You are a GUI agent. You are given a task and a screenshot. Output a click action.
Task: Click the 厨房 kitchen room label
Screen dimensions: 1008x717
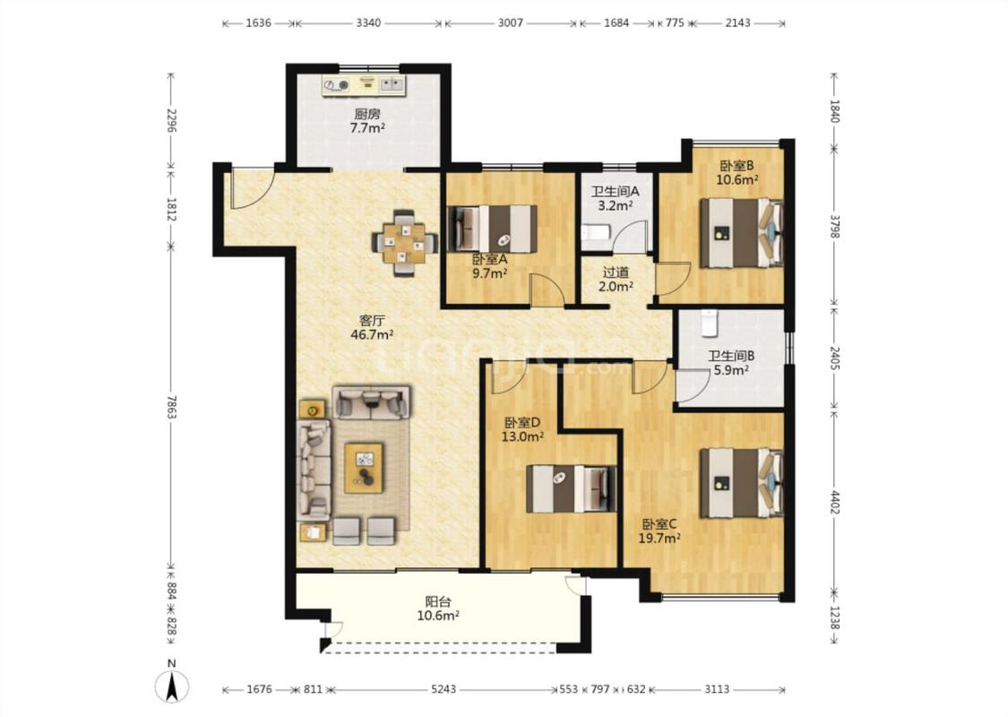click(367, 115)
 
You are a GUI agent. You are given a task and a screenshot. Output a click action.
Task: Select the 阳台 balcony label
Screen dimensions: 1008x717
click(438, 602)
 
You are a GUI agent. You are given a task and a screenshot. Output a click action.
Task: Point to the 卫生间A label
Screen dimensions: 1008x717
click(616, 192)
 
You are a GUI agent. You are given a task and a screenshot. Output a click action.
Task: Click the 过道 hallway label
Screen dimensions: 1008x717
click(616, 272)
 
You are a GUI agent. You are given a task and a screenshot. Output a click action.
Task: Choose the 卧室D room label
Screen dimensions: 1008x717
click(522, 422)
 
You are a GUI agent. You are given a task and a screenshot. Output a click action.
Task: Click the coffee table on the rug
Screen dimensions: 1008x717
click(364, 468)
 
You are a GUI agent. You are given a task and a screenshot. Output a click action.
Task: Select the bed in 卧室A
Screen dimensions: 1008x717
click(492, 229)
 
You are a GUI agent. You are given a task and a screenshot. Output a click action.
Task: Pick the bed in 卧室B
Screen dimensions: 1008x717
click(742, 232)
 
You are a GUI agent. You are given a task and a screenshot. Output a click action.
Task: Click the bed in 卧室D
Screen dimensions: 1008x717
click(571, 488)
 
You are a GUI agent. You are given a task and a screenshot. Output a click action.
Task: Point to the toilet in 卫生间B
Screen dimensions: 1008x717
click(709, 324)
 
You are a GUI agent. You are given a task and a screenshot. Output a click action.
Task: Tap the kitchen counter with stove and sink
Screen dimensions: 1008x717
click(365, 85)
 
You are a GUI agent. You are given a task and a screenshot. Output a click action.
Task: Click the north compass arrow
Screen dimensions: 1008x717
click(172, 687)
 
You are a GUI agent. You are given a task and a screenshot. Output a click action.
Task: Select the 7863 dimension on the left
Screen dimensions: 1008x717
click(171, 407)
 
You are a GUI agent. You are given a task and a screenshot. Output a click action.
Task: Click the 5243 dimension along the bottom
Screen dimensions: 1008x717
click(443, 689)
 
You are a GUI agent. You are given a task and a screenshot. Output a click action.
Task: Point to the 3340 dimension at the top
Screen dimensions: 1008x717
click(368, 23)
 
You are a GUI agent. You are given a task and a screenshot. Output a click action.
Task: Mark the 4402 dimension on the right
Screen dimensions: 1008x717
click(834, 503)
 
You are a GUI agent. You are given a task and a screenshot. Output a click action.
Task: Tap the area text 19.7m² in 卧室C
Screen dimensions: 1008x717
click(659, 539)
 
